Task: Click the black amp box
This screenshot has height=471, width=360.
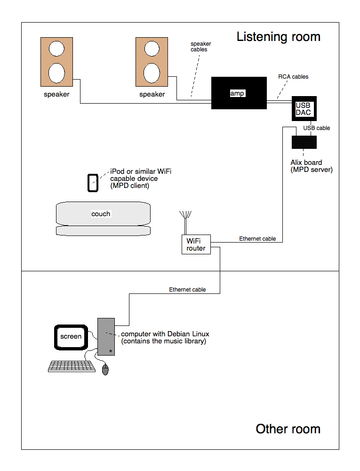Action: click(239, 93)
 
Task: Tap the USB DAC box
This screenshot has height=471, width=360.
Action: click(304, 108)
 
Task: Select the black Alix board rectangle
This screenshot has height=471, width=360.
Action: click(304, 142)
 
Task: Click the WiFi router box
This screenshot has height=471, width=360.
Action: click(196, 244)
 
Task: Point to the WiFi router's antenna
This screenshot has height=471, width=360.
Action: click(185, 223)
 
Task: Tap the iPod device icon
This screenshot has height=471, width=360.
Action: click(93, 183)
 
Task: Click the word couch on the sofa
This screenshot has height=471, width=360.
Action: click(101, 214)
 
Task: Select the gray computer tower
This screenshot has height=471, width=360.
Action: click(106, 337)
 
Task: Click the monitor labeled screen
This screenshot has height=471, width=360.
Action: click(71, 337)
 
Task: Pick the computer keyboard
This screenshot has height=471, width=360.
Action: click(72, 366)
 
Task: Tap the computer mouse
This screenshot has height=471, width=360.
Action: click(105, 370)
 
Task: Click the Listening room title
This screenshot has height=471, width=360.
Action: click(279, 37)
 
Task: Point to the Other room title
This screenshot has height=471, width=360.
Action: click(288, 429)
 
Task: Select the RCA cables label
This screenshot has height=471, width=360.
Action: click(293, 77)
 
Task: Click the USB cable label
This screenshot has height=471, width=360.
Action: click(317, 128)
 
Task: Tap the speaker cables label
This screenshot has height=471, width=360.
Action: click(200, 47)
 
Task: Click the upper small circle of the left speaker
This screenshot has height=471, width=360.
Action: click(56, 49)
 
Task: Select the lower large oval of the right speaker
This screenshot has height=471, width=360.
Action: click(152, 73)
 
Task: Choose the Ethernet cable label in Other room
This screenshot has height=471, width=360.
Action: click(187, 290)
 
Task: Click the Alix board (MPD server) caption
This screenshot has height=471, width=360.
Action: click(312, 166)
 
